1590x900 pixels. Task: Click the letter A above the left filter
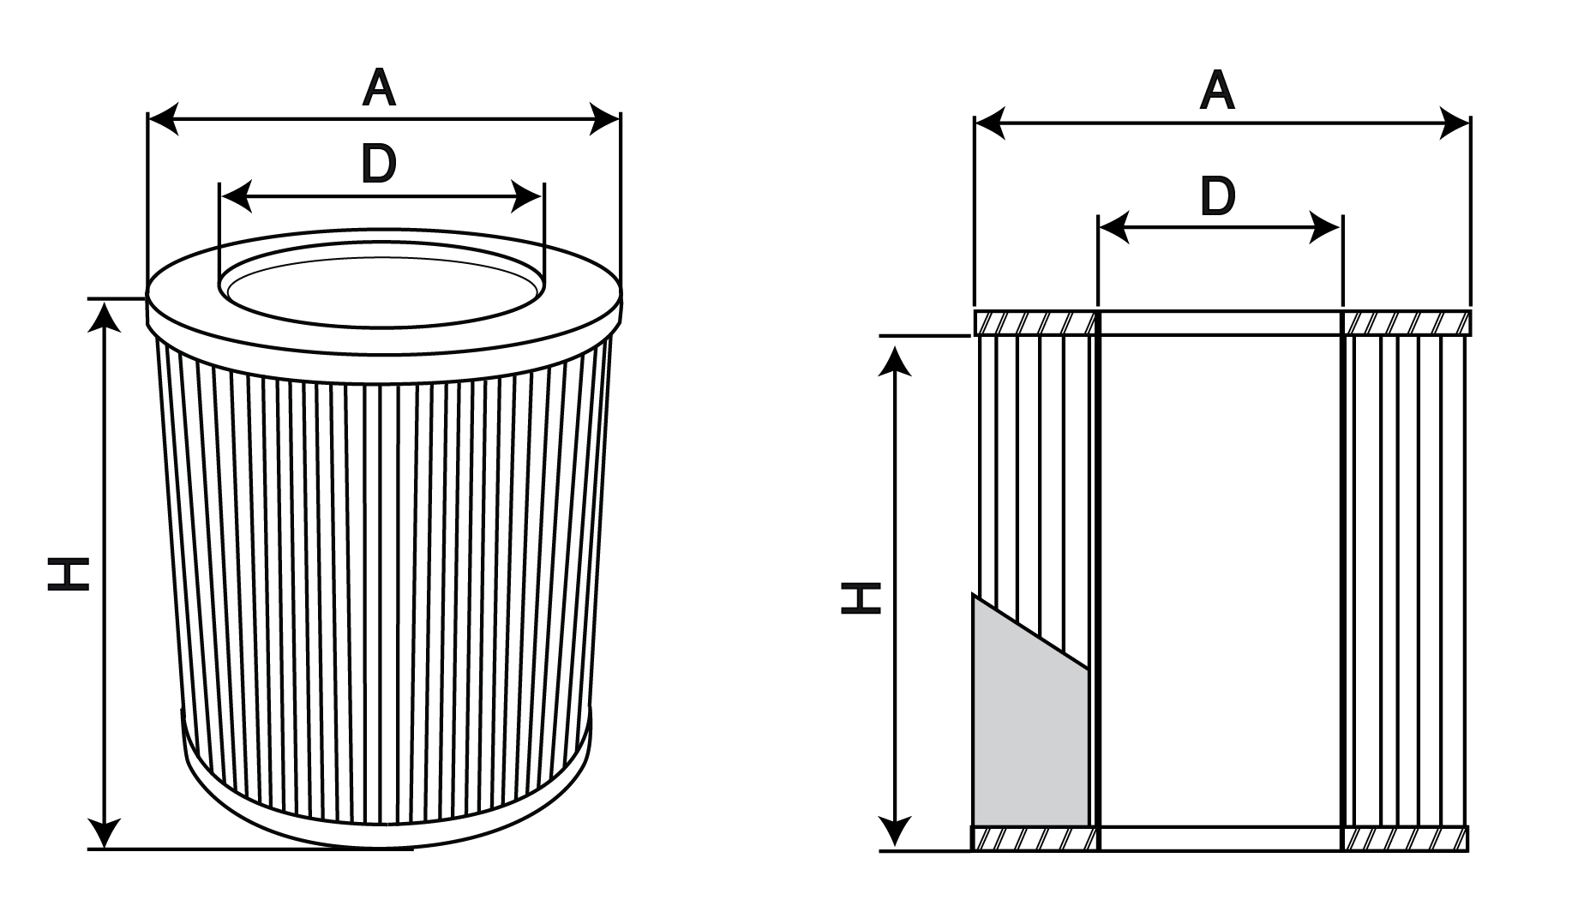tap(379, 88)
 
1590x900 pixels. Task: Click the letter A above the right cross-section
tap(1217, 92)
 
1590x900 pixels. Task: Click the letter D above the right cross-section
tap(1218, 196)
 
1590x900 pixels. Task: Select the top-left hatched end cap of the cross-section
tap(1036, 323)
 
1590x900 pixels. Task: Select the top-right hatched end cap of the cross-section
tap(1406, 323)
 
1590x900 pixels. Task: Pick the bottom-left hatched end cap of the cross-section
tap(1035, 838)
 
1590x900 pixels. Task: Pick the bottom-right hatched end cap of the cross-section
tap(1405, 838)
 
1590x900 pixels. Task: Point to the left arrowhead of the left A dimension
tap(164, 119)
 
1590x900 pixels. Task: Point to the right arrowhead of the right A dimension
tap(1455, 123)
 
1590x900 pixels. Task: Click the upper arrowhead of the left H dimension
tap(105, 316)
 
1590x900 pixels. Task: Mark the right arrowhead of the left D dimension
tap(526, 196)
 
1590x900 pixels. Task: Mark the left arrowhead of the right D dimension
tap(1113, 229)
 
